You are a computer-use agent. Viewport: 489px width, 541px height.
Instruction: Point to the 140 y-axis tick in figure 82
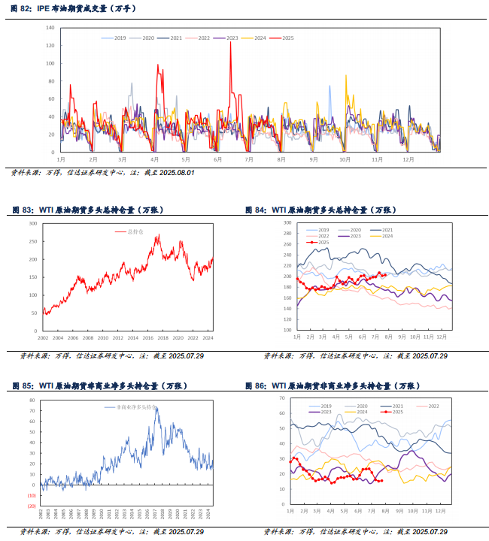point(50,27)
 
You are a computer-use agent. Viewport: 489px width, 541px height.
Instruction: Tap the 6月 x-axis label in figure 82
point(218,159)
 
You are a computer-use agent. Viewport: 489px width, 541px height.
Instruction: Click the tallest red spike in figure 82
point(230,64)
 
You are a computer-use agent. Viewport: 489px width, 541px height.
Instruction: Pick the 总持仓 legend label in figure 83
point(135,233)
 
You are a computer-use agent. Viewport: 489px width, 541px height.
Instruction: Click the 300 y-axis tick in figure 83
point(32,223)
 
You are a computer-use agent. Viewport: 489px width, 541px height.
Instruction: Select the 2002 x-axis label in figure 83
point(43,339)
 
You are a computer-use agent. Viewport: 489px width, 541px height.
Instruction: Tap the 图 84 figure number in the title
point(256,210)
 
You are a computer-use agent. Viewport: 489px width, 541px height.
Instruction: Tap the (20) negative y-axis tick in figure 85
point(32,506)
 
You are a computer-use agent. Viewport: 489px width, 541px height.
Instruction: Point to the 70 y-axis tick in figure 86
point(281,397)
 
